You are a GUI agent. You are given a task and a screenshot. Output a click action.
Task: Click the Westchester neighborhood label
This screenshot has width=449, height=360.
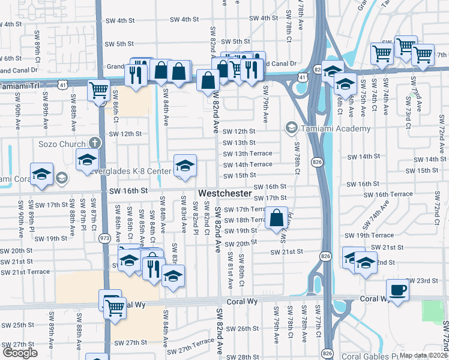[224, 194]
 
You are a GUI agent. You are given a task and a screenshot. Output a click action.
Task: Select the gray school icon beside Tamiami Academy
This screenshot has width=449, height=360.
[292, 127]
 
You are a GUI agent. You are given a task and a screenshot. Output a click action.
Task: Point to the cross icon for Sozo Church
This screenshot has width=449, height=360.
[93, 143]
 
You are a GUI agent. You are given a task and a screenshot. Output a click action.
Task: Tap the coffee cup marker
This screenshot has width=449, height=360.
[397, 290]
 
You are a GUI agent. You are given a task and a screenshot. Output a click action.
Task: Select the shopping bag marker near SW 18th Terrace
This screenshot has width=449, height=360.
[277, 218]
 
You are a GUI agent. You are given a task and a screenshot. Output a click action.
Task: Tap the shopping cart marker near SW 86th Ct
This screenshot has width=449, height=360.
[98, 91]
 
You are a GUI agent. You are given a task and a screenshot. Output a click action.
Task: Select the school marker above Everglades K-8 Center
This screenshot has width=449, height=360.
[185, 165]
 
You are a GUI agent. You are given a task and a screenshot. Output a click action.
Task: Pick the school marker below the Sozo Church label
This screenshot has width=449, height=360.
[87, 160]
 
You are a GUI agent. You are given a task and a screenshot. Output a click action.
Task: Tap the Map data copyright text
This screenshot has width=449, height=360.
[424, 355]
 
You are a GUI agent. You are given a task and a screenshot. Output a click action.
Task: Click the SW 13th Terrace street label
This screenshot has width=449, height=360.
[247, 154]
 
